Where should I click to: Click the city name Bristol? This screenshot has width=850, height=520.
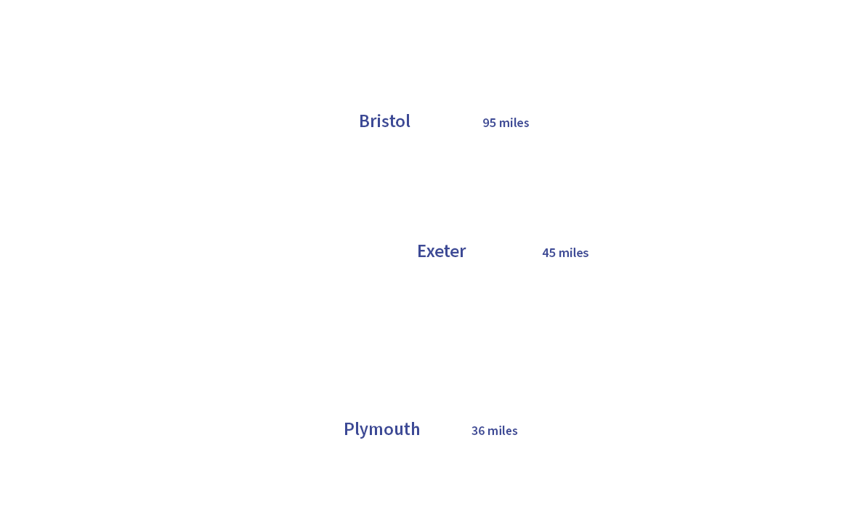click(384, 121)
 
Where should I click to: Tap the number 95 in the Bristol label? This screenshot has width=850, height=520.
click(489, 123)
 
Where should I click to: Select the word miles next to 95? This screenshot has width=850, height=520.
click(514, 123)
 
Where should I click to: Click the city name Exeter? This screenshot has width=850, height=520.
click(441, 251)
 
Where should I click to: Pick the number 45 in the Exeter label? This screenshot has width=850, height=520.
click(549, 253)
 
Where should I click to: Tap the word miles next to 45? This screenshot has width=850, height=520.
click(574, 253)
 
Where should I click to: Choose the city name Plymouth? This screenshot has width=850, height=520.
click(381, 429)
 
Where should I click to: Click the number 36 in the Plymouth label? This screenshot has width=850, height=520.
click(478, 431)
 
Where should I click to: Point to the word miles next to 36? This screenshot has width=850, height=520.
click(503, 431)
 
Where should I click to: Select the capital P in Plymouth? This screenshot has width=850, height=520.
click(349, 429)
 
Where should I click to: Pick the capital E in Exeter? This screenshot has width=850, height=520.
click(421, 251)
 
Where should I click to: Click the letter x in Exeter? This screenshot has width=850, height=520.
click(432, 252)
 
